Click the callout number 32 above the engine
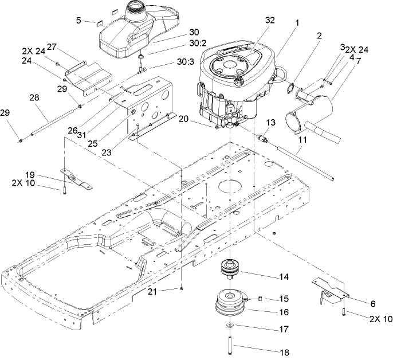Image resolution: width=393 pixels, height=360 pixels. (270, 21)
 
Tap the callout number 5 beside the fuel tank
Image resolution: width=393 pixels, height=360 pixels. (78, 21)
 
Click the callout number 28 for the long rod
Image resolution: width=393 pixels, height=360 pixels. (36, 99)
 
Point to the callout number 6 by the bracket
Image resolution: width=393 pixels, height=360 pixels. (372, 304)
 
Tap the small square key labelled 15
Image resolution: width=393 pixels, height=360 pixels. (259, 298)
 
